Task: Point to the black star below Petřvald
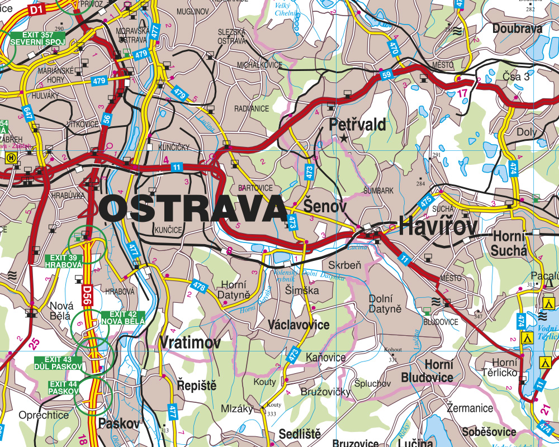pos(344,137)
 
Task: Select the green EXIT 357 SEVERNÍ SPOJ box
pos(37,39)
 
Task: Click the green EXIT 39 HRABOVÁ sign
pos(64,260)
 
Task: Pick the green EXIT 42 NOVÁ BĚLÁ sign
pos(123,317)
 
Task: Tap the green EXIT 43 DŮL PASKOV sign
pos(58,363)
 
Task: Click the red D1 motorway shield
pos(36,9)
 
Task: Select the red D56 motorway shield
pos(86,295)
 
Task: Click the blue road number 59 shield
pos(386,75)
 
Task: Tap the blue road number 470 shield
pos(394,47)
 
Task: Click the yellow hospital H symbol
pos(10,158)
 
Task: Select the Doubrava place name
pos(517,28)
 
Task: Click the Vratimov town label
pos(190,343)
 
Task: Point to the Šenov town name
pos(325,205)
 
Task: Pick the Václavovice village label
pos(299,325)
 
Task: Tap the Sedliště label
pos(300,434)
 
